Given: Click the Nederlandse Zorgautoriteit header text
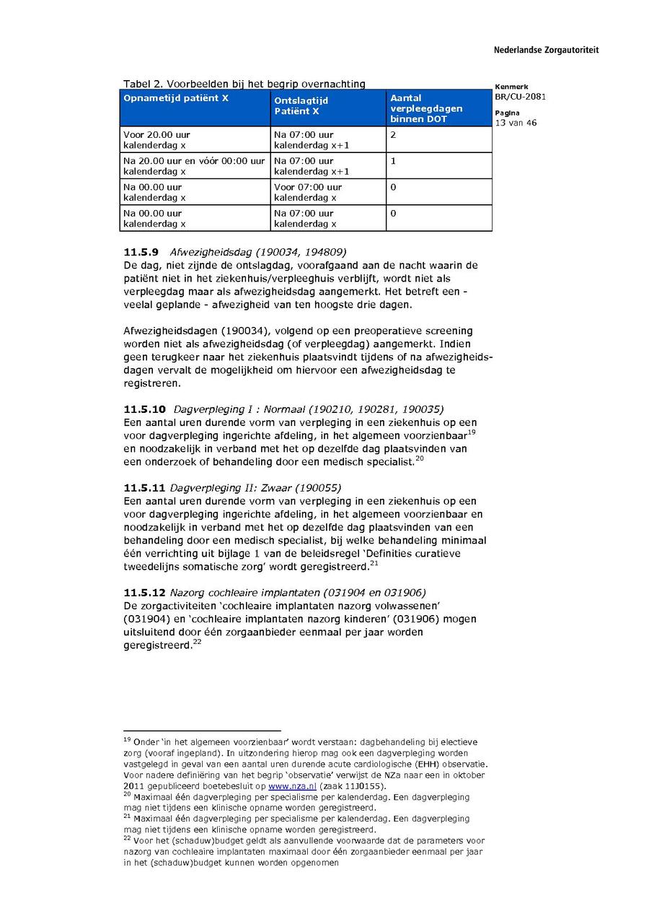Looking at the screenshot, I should pos(546,51).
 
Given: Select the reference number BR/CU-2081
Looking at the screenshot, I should pos(520,97).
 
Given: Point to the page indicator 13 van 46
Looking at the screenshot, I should pos(516,123).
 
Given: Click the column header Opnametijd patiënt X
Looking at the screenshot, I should pos(176,98).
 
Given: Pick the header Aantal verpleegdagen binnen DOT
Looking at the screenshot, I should pos(426,108).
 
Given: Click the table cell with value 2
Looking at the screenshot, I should pos(394,135).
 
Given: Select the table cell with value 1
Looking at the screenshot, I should pos(394,161).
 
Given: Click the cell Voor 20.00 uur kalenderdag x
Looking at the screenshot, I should pos(157,140).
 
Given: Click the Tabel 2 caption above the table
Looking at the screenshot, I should pos(244,84).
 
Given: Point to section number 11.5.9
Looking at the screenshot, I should pos(141,252).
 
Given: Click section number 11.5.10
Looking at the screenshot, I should pos(144,409).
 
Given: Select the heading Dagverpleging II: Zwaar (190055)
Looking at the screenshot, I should pos(255,487).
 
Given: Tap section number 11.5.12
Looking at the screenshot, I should pos(144,593).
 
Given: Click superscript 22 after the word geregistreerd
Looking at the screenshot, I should pos(197,642).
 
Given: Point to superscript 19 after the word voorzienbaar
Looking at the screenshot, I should pos(472,432).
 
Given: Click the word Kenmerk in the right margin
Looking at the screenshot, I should pos(511,87).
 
